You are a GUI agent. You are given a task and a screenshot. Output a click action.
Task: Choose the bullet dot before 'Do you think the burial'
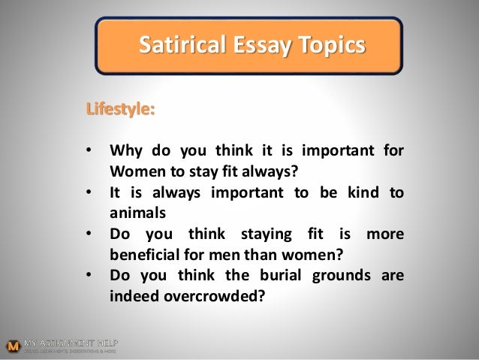click(x=91, y=275)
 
